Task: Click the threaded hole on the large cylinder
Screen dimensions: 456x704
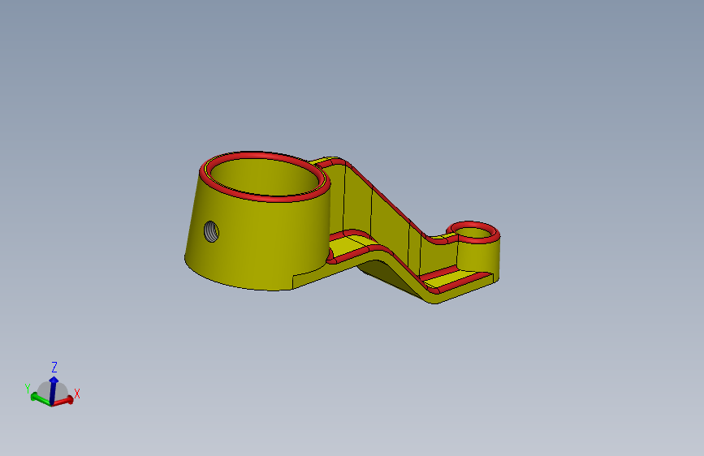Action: tap(211, 231)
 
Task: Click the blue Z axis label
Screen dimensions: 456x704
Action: tap(54, 367)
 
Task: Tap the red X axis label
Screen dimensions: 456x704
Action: tap(77, 394)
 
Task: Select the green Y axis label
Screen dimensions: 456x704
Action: tap(28, 389)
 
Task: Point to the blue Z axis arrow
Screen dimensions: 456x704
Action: tap(53, 385)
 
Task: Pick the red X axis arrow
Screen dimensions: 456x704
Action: tap(66, 399)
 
